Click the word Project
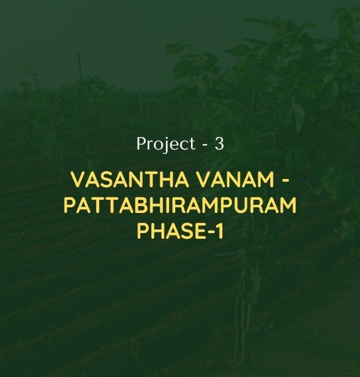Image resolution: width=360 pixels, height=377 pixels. [166, 145]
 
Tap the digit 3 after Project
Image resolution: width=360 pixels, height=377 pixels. [219, 144]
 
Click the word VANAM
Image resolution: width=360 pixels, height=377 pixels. [236, 180]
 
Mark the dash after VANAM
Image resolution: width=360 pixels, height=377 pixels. [285, 181]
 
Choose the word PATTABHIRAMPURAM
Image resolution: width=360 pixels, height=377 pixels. [180, 205]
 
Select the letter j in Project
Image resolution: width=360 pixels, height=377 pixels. [165, 146]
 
